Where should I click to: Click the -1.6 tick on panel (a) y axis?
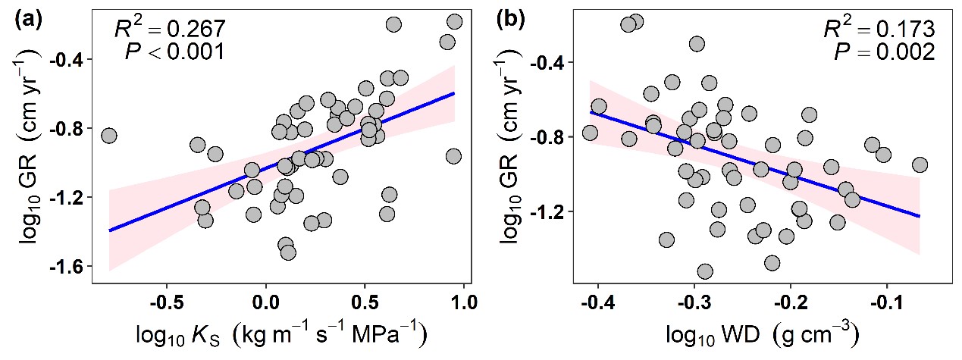tap(67, 266)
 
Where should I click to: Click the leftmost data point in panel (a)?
tap(108, 136)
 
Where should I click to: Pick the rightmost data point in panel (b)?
tap(920, 164)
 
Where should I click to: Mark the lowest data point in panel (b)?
tap(704, 271)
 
